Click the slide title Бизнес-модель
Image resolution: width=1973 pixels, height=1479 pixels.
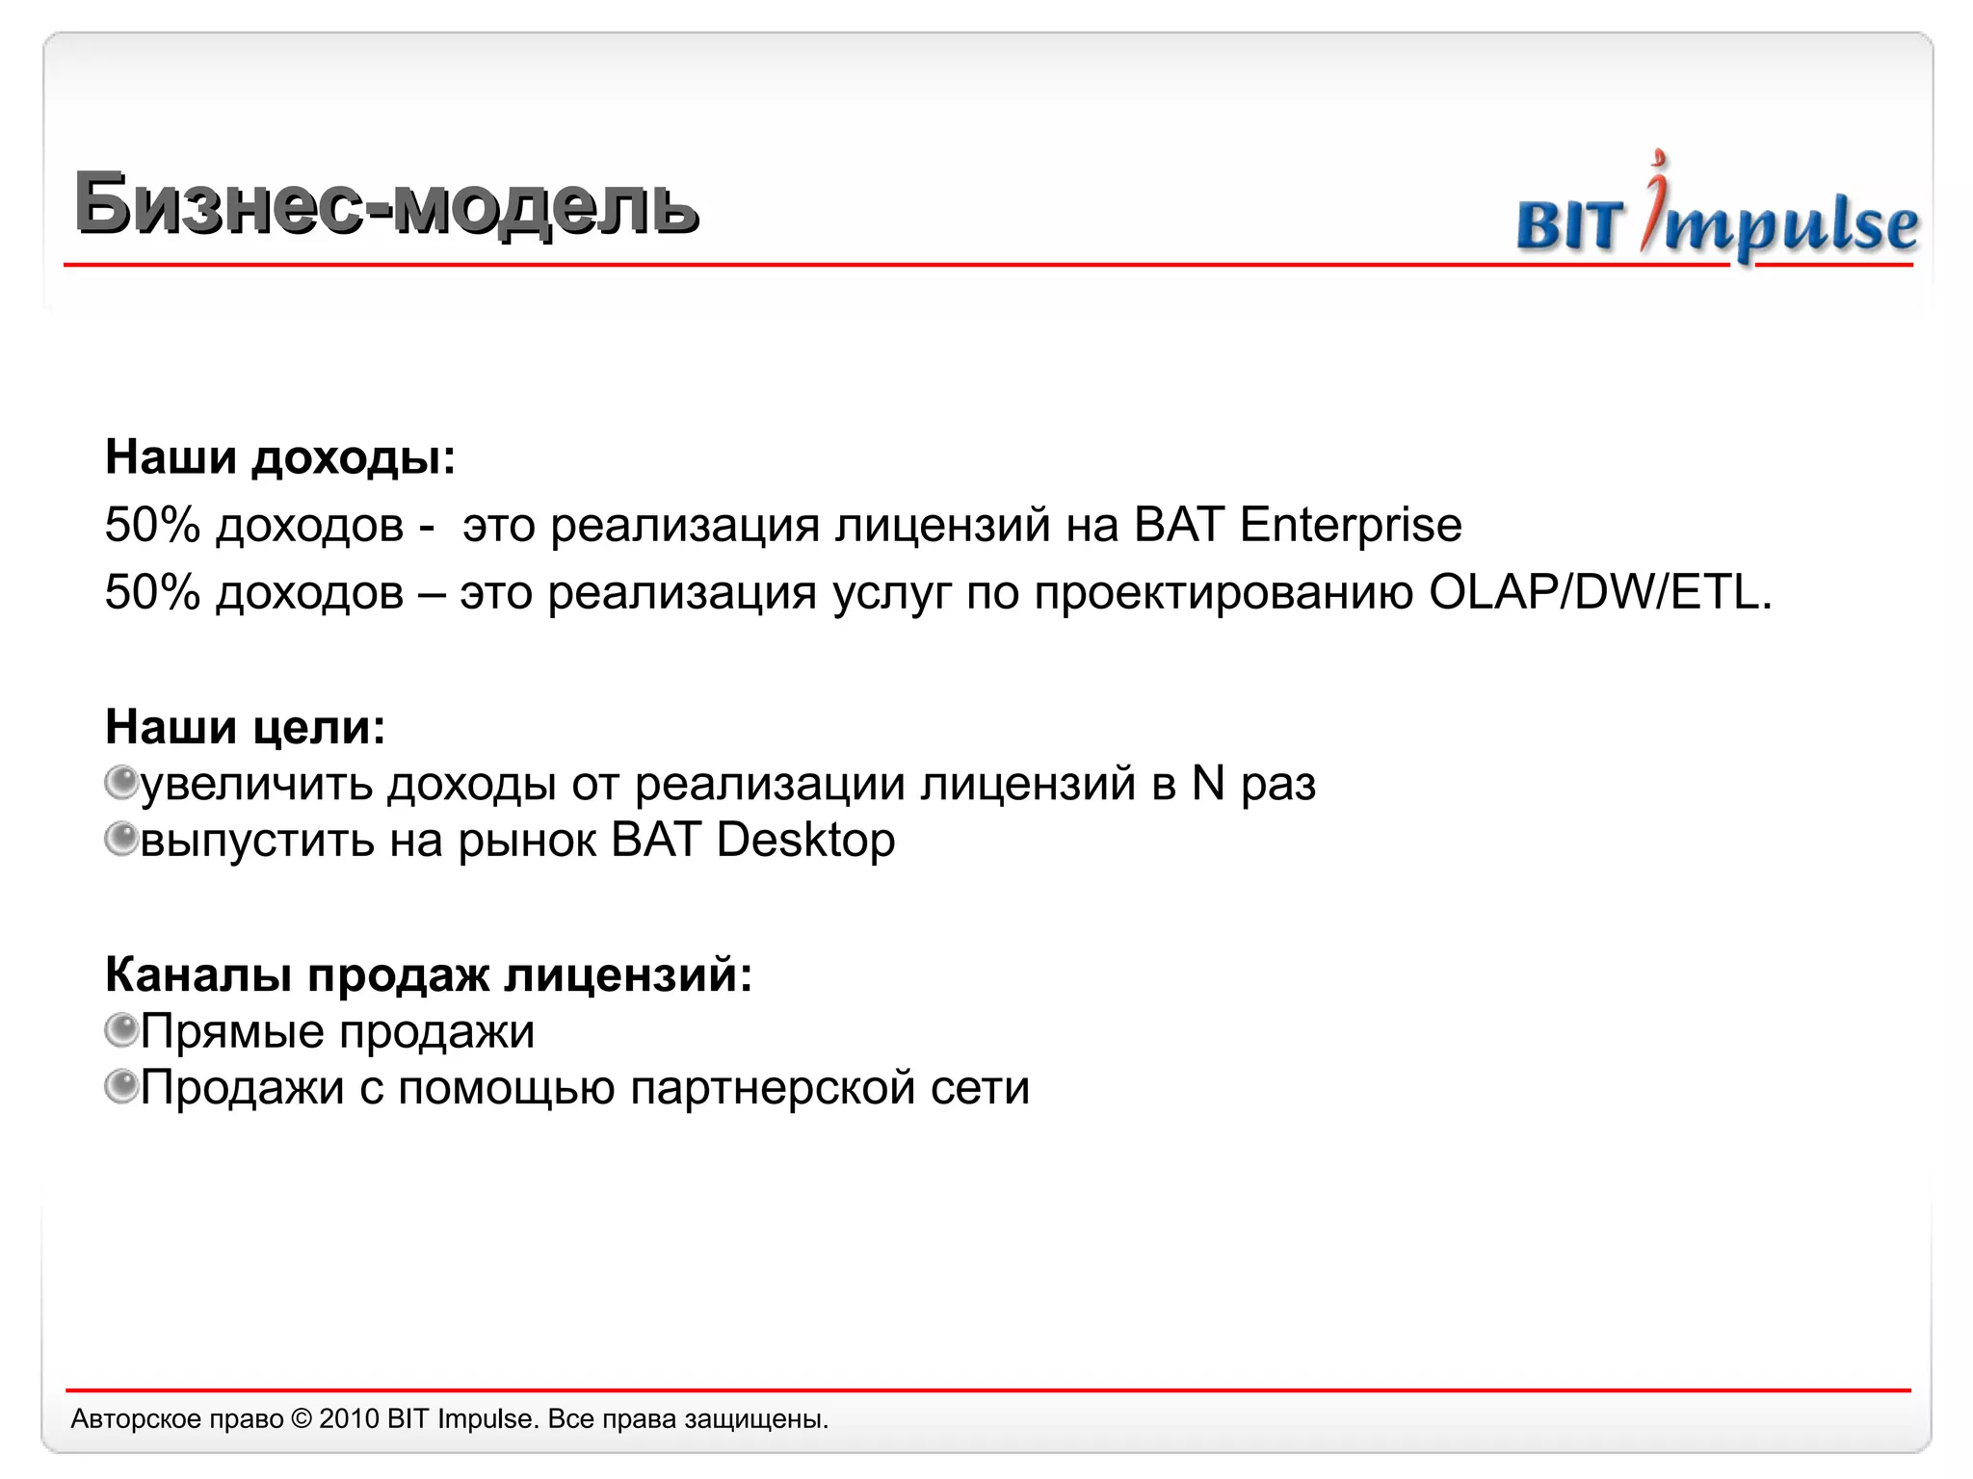pyautogui.click(x=385, y=204)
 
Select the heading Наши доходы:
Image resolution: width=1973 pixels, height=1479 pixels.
pyautogui.click(x=279, y=457)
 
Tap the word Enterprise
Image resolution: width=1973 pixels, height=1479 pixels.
pyautogui.click(x=1351, y=526)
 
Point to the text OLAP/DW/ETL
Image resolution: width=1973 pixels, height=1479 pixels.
pyautogui.click(x=1599, y=593)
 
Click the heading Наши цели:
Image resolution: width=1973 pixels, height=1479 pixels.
pyautogui.click(x=245, y=727)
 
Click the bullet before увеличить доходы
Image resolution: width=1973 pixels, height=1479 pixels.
pyautogui.click(x=121, y=782)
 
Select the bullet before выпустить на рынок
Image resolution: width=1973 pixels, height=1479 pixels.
pyautogui.click(x=121, y=839)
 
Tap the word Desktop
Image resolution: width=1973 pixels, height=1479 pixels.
pyautogui.click(x=805, y=841)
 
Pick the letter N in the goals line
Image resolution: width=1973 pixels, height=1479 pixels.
pyautogui.click(x=1208, y=783)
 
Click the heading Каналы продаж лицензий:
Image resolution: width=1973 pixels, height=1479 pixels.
pyautogui.click(x=428, y=974)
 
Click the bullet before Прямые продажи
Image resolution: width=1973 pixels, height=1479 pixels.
pyautogui.click(x=121, y=1030)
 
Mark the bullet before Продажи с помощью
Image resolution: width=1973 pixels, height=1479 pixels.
pyautogui.click(x=121, y=1087)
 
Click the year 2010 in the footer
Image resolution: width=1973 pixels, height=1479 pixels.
pyautogui.click(x=349, y=1419)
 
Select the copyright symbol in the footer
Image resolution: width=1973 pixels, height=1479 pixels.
pyautogui.click(x=302, y=1419)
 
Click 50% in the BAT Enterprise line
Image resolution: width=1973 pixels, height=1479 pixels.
pyautogui.click(x=152, y=526)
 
